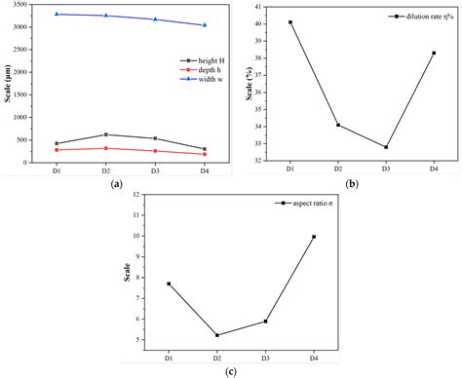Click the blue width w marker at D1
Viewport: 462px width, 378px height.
(x=57, y=15)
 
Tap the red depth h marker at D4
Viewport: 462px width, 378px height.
(x=204, y=154)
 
